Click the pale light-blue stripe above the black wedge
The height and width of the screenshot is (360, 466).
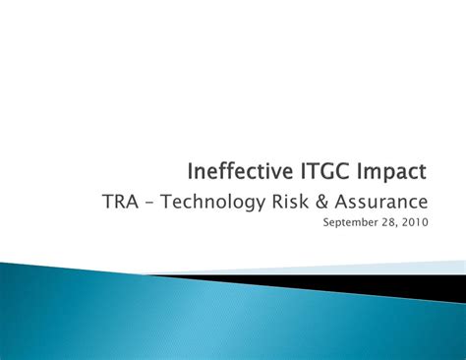[x=393, y=267]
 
